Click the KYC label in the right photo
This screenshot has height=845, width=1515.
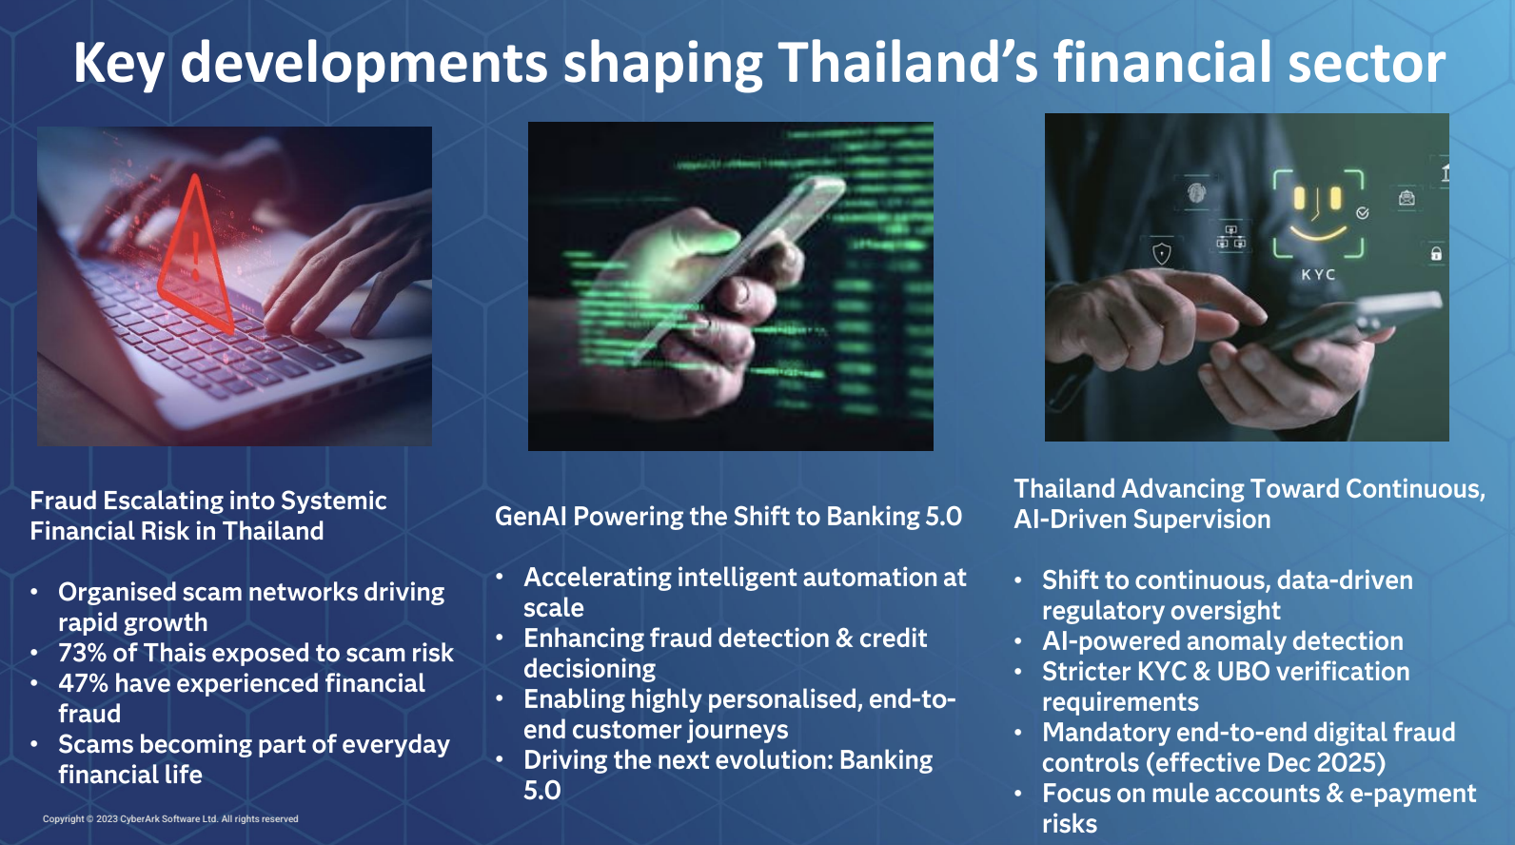pos(1318,275)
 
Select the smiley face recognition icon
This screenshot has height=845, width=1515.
pos(1318,214)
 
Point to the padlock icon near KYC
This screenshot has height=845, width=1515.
pos(1436,254)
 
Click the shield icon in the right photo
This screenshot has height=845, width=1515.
pos(1161,254)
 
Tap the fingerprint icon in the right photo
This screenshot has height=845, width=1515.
pos(1196,193)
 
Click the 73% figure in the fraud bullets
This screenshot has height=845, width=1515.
pos(82,653)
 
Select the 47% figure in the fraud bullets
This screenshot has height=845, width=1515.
pos(83,683)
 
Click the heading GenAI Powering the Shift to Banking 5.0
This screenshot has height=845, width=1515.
pos(728,517)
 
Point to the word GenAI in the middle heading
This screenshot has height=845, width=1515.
pos(531,517)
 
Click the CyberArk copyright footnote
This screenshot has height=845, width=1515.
pos(170,818)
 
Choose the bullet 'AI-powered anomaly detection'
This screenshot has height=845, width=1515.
pos(1223,641)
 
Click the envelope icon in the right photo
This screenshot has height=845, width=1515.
pos(1407,198)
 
